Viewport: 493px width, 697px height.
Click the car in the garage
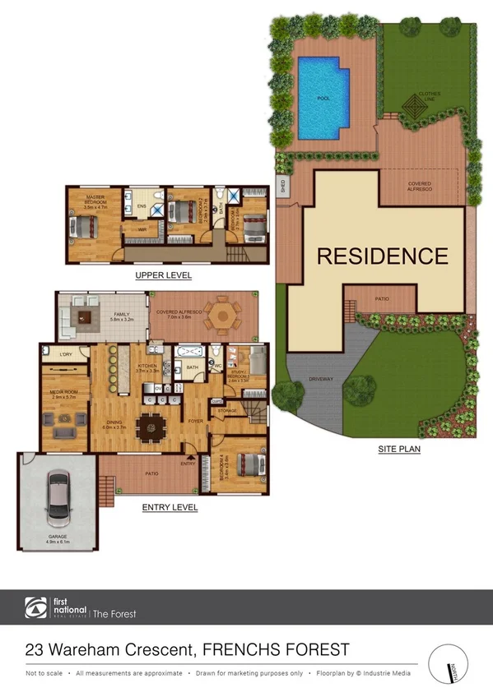coord(58,498)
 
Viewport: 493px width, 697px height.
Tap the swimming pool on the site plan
coord(323,97)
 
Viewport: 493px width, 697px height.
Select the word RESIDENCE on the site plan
coord(383,256)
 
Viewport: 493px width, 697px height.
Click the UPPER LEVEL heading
coord(164,276)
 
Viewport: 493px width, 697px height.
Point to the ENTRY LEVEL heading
coord(170,507)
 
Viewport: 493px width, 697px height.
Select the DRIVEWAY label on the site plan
coord(320,379)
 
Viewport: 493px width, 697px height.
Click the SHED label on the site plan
coord(282,186)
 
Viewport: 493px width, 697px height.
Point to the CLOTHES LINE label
coord(430,96)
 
